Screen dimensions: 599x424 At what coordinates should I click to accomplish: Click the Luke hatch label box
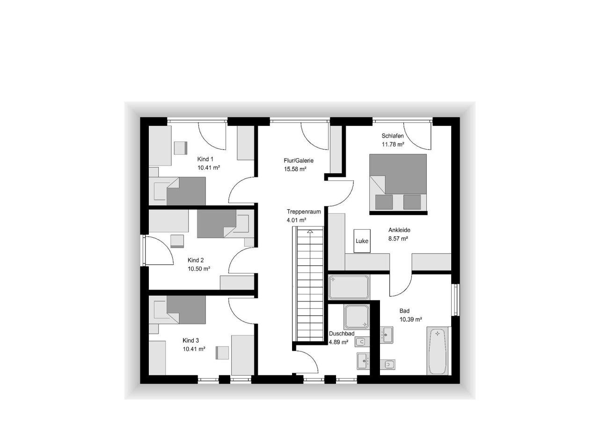coord(362,241)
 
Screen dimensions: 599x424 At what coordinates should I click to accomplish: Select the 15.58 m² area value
coord(295,169)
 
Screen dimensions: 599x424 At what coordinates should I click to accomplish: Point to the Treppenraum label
coord(304,212)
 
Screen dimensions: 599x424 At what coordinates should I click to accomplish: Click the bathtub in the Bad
coord(438,351)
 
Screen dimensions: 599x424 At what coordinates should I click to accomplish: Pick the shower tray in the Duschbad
coord(357,317)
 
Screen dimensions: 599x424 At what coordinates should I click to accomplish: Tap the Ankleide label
coord(399,230)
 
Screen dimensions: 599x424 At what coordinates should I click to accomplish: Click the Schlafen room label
coord(393,136)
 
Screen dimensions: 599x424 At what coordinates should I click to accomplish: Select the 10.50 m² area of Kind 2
coord(199,269)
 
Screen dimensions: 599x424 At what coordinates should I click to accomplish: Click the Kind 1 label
coord(205,159)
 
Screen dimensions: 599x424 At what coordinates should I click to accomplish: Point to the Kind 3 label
coord(190,341)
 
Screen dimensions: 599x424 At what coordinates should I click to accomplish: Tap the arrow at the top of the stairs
coord(310,231)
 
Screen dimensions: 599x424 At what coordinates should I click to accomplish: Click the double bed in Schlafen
coord(398,184)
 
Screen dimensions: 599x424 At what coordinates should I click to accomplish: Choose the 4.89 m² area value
coord(338,342)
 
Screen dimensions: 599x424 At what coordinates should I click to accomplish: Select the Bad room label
coord(404,311)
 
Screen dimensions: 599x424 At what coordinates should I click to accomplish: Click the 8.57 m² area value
coord(398,239)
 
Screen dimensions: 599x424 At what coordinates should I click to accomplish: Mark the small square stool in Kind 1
coord(181,148)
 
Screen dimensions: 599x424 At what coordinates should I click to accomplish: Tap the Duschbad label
coord(342,334)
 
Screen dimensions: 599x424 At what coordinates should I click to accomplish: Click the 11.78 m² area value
coord(393,144)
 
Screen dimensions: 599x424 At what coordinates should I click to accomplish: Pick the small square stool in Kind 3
coord(222,353)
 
